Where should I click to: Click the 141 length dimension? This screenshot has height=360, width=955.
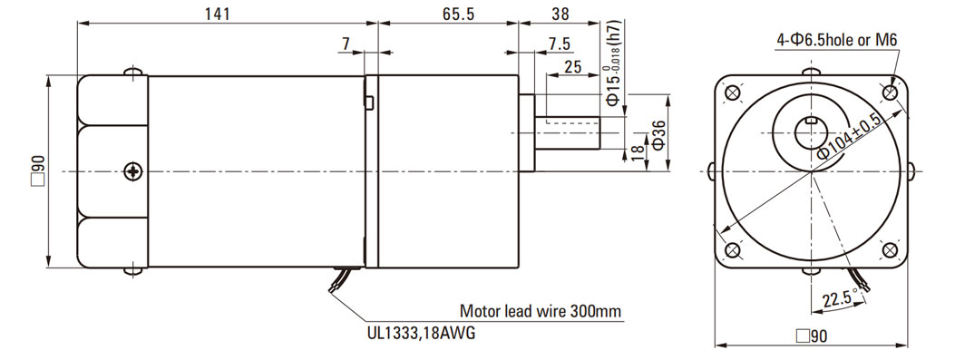pos(217,14)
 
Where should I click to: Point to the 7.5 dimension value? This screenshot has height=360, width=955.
pos(558,44)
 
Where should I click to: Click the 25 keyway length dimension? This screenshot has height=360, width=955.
pos(572,66)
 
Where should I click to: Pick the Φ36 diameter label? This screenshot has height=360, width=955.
pos(659,134)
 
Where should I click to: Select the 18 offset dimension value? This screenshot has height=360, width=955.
pos(637,153)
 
